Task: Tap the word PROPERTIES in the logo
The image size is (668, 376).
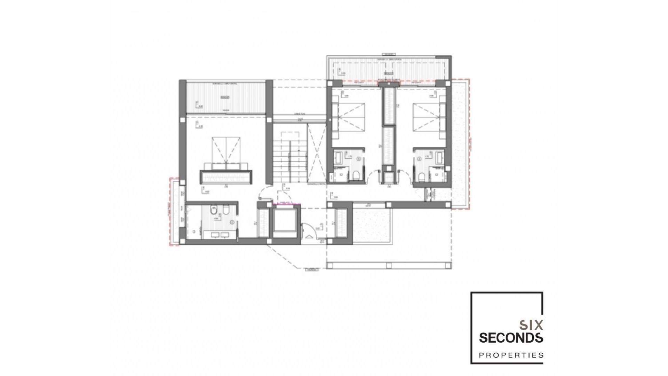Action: (511, 355)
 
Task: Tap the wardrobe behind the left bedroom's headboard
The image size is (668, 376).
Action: (226, 177)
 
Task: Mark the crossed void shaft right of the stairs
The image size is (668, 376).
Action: (316, 153)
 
